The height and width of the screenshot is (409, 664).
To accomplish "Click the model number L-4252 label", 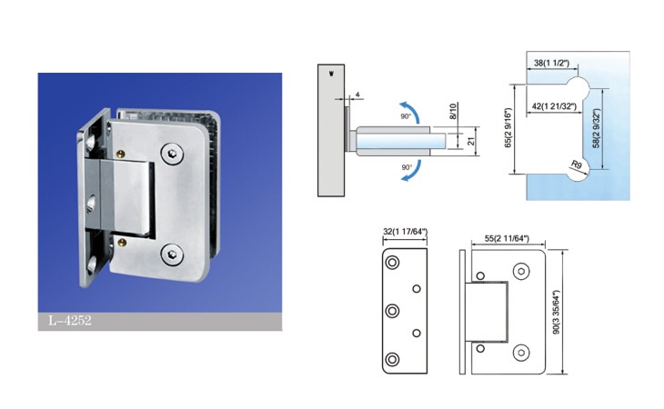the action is click(x=70, y=320).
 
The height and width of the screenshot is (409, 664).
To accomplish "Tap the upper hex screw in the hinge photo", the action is click(x=172, y=153).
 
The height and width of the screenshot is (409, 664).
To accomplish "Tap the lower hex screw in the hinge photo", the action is click(x=172, y=254).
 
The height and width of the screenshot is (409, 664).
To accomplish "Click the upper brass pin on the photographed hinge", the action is click(x=121, y=154).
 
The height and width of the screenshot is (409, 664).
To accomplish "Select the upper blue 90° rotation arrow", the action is click(x=412, y=110).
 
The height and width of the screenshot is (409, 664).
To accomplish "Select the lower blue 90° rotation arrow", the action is click(x=413, y=171).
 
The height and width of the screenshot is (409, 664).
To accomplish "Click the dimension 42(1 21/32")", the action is click(x=554, y=106).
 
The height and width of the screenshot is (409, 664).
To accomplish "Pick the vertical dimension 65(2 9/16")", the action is click(x=508, y=128).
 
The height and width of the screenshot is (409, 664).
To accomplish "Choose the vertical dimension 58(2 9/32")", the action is click(x=597, y=128).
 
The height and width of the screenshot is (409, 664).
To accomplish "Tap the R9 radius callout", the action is click(x=577, y=165).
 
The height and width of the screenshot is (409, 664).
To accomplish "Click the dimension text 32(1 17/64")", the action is click(x=405, y=232).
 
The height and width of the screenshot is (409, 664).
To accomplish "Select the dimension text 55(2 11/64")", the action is click(x=507, y=238).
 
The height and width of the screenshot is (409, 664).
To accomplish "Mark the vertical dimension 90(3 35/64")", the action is click(x=556, y=312).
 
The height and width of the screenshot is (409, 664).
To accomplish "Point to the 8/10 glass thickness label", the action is click(x=453, y=111).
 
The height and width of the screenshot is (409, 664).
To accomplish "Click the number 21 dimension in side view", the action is click(x=471, y=141).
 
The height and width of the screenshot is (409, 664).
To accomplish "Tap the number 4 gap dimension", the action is click(x=357, y=95).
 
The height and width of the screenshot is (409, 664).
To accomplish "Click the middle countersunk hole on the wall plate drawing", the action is click(x=392, y=311).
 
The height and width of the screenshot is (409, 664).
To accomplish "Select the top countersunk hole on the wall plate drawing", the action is click(x=392, y=263).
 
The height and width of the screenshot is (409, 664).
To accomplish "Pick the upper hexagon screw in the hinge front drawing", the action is click(x=521, y=271).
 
